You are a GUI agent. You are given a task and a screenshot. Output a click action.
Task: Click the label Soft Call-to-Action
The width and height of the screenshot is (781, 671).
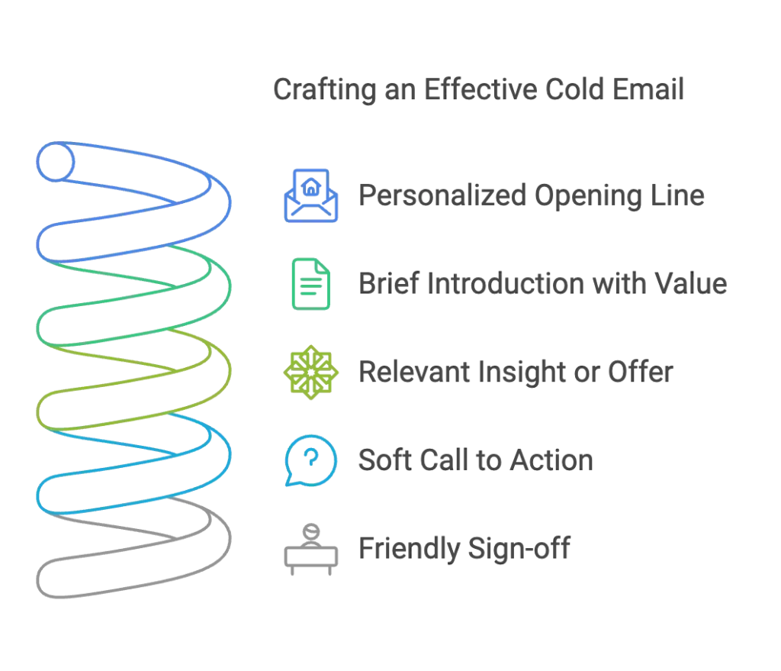pos(477,460)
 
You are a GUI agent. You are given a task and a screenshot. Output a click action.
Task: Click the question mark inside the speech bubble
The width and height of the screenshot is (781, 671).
pos(309,457)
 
